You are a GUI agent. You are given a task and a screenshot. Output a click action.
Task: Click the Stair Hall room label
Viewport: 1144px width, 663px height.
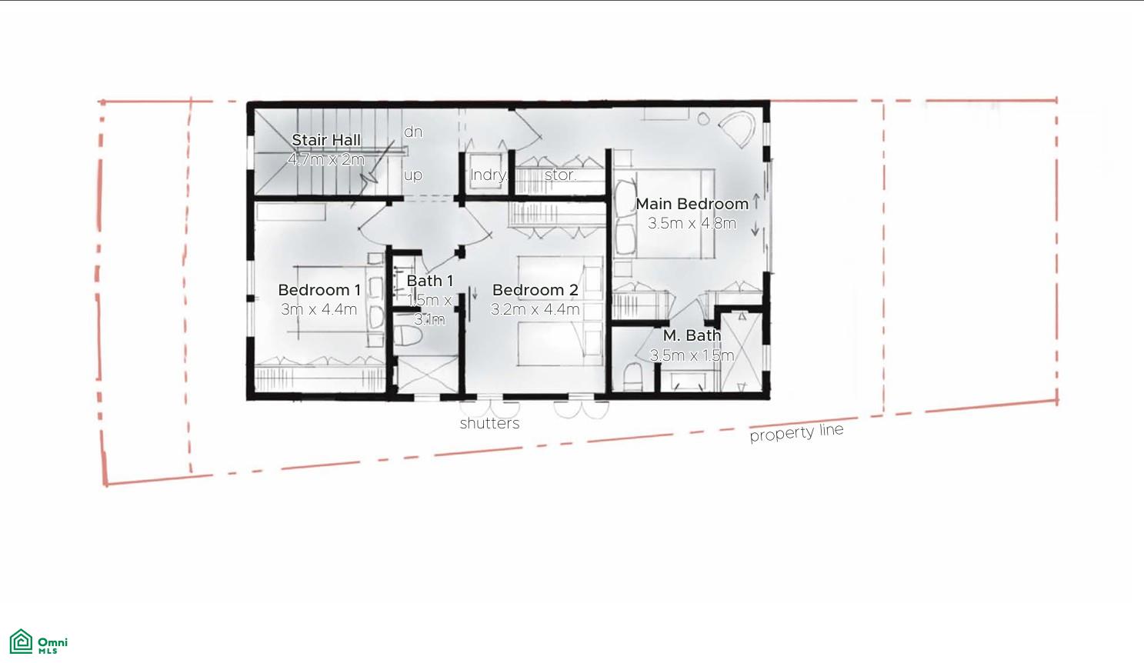point(326,140)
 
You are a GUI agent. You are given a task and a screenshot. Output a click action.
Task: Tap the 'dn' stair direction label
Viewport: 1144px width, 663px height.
point(413,132)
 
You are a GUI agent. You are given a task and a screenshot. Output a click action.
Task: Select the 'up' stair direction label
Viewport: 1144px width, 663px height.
point(413,175)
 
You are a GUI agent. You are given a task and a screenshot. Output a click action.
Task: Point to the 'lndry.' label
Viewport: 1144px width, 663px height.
point(489,175)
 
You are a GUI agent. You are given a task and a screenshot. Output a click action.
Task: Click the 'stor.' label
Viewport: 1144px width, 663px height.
point(560,175)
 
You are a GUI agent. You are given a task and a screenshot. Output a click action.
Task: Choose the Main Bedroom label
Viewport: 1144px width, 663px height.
point(692,204)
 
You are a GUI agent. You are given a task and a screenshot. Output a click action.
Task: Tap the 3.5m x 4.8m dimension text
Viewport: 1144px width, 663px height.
point(692,224)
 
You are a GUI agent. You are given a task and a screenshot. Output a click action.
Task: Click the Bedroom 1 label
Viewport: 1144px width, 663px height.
point(319,290)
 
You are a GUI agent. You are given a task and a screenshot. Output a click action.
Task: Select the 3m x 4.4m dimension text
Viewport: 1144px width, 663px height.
point(319,309)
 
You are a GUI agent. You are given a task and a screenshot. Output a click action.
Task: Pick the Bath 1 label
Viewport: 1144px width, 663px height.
point(429,281)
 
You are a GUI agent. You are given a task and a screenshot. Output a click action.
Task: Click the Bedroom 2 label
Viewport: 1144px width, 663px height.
point(535,290)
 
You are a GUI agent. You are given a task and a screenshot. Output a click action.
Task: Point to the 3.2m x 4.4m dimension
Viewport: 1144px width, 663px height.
point(535,309)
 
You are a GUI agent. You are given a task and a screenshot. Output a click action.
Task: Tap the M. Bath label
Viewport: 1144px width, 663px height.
point(692,336)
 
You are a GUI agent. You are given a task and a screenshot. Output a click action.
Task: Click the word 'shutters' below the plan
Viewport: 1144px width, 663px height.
point(489,423)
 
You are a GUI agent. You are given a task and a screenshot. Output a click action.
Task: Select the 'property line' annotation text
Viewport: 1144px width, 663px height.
point(797,432)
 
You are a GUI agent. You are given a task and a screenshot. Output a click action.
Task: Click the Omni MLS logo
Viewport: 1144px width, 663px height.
point(38,641)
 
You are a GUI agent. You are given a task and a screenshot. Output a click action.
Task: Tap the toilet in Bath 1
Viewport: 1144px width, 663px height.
point(407,338)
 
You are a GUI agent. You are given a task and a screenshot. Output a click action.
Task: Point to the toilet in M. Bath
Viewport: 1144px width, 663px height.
point(632,378)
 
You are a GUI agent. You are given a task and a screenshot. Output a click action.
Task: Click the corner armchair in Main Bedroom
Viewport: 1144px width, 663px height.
point(736,129)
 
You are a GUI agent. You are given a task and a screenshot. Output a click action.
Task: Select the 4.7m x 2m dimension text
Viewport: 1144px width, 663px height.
point(326,160)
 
